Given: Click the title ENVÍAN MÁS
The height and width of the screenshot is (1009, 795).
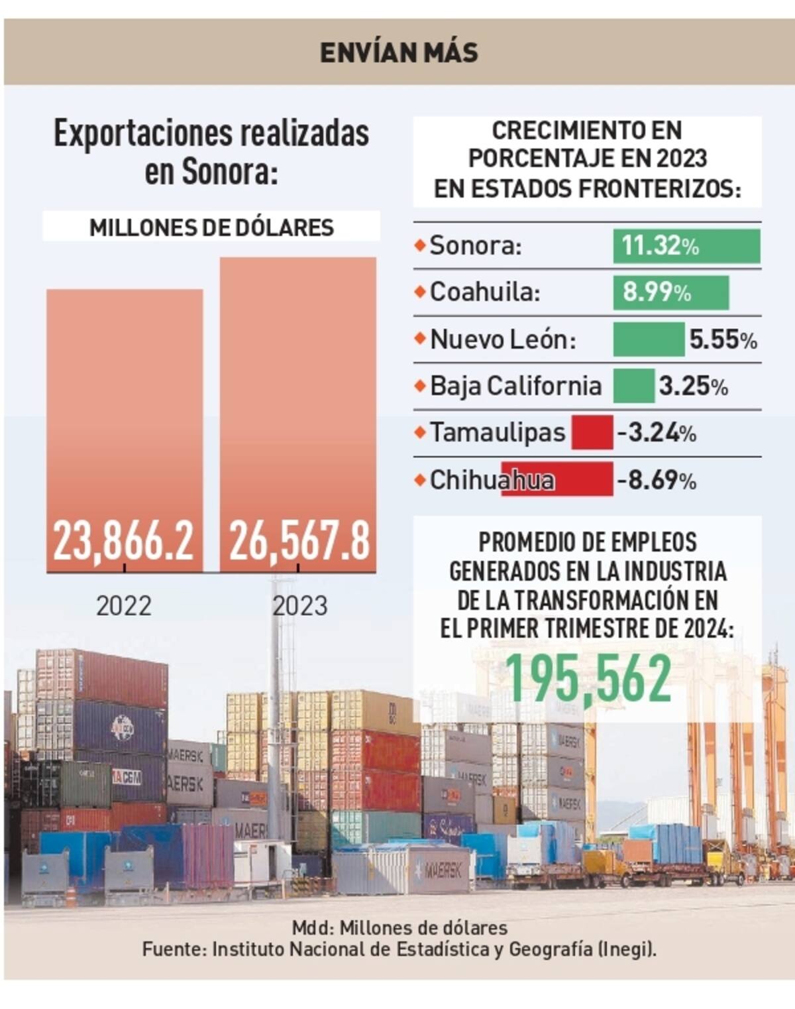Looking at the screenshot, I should tap(399, 52).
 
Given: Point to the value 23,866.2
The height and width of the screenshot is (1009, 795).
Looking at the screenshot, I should tap(124, 541).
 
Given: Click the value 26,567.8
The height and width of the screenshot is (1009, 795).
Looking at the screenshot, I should tap(299, 541).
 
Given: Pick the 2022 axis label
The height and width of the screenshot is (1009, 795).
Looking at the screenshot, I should tap(124, 606).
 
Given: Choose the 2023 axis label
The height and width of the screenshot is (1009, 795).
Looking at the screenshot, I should tap(300, 606).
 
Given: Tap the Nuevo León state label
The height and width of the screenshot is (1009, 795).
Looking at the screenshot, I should tap(503, 339).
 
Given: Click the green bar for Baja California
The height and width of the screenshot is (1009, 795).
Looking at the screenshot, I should tap(633, 386).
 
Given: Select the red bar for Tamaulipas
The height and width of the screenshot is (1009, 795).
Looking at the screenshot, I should tap(592, 433).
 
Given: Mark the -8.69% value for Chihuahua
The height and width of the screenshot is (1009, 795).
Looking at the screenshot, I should tap(657, 480).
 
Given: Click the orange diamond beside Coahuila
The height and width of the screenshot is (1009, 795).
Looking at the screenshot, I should tap(419, 292).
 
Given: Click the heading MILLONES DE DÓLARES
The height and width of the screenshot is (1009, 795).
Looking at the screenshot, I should tap(211, 227).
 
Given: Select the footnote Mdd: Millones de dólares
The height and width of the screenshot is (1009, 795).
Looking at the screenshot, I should tap(399, 927).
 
